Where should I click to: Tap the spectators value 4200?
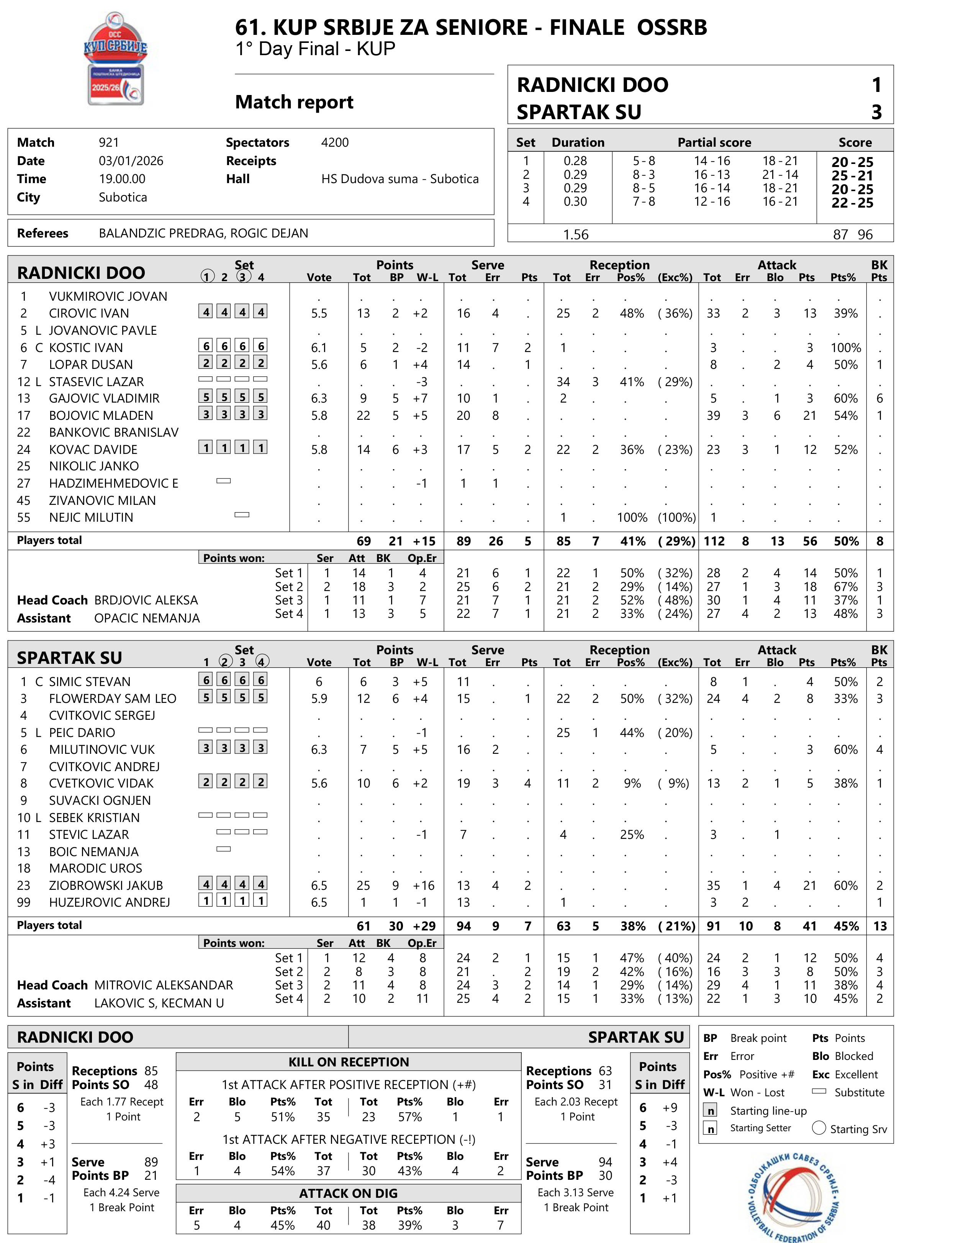pyautogui.click(x=335, y=142)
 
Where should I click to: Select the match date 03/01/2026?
pyautogui.click(x=131, y=160)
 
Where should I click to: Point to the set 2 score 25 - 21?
pyautogui.click(x=852, y=175)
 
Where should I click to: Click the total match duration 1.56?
pyautogui.click(x=575, y=234)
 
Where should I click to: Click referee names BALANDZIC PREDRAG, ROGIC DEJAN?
pyautogui.click(x=203, y=233)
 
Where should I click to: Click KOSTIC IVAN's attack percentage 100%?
pyautogui.click(x=845, y=348)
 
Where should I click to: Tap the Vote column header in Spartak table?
pyautogui.click(x=319, y=662)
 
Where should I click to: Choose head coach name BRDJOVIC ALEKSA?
pyautogui.click(x=146, y=600)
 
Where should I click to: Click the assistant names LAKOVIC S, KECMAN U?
pyautogui.click(x=159, y=1003)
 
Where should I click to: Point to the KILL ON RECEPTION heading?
pyautogui.click(x=348, y=1062)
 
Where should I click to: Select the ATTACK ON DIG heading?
pyautogui.click(x=348, y=1193)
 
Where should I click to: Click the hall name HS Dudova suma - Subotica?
pyautogui.click(x=400, y=179)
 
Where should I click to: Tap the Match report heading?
pyautogui.click(x=294, y=102)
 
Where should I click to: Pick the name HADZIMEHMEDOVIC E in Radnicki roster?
pyautogui.click(x=113, y=483)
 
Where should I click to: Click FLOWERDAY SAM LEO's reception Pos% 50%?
pyautogui.click(x=631, y=698)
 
